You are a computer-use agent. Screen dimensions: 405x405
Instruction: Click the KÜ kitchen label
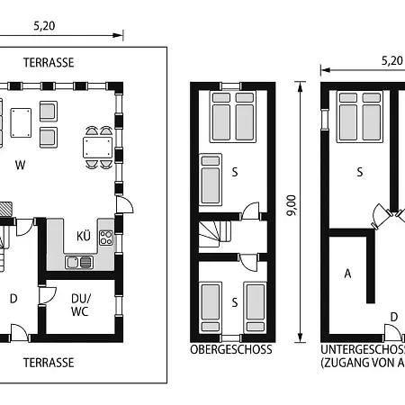(x=83, y=237)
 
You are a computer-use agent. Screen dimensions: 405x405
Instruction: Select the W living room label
(x=19, y=165)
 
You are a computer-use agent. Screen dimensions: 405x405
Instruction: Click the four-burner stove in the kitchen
(x=105, y=238)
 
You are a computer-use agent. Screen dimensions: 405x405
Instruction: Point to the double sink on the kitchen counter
(x=79, y=262)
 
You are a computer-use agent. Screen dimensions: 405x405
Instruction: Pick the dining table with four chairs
(x=98, y=147)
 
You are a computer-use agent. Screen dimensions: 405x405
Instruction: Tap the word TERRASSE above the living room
(x=49, y=62)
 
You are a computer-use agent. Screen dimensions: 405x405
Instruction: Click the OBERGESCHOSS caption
(x=230, y=349)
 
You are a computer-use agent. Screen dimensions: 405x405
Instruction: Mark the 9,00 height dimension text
(x=291, y=204)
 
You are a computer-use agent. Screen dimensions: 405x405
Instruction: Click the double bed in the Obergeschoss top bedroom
(x=231, y=118)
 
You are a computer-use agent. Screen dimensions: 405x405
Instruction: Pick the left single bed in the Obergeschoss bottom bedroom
(x=210, y=306)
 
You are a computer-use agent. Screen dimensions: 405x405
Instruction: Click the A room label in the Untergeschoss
(x=346, y=274)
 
